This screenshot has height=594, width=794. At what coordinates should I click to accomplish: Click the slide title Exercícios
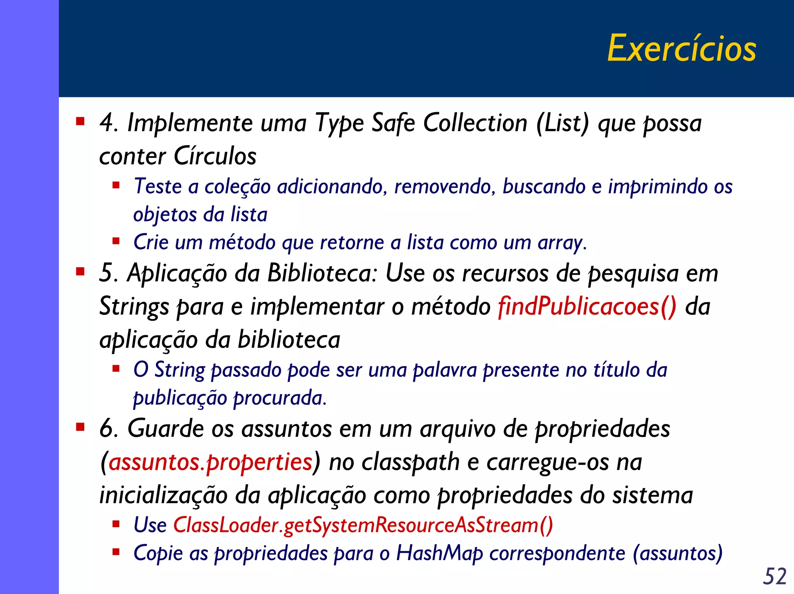[x=681, y=48]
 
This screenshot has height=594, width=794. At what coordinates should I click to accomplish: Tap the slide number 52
[x=775, y=576]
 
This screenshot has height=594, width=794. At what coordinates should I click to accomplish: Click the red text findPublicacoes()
[x=587, y=307]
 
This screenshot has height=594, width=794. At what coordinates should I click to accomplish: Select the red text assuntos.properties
[x=211, y=462]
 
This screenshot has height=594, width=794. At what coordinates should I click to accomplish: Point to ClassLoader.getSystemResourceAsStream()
[x=363, y=525]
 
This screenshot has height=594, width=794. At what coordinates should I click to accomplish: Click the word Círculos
[x=215, y=156]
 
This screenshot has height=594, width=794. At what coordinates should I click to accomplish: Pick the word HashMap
[x=439, y=553]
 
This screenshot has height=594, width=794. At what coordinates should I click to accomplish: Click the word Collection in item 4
[x=475, y=123]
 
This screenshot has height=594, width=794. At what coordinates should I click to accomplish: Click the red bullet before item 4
[x=80, y=121]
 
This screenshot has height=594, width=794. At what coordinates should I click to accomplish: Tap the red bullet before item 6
[x=80, y=427]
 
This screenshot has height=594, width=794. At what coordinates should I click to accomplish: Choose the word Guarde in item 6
[x=165, y=429]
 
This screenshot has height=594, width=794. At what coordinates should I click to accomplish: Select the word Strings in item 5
[x=134, y=307]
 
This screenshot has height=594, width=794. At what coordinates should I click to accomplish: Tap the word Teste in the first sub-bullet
[x=157, y=186]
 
